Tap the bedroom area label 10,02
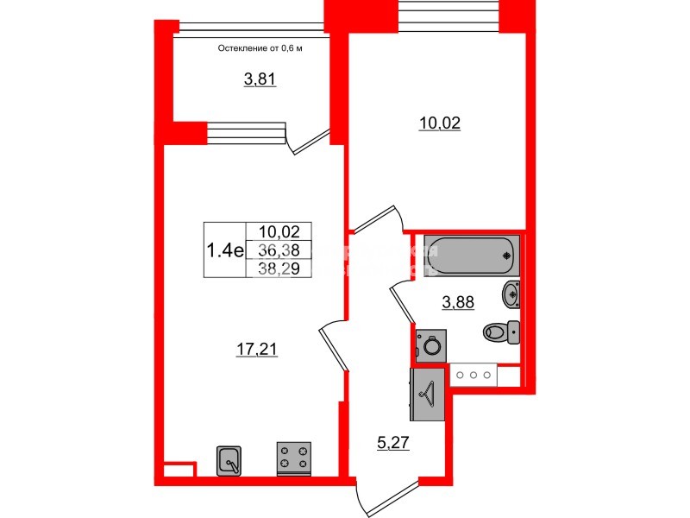[439, 123]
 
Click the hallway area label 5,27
[392, 445]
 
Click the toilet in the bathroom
[501, 331]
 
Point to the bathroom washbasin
[510, 294]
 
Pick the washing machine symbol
[430, 346]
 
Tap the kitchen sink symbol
[230, 460]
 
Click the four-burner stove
[293, 458]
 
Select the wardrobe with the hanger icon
[427, 394]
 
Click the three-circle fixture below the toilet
[474, 376]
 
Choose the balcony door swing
[308, 138]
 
